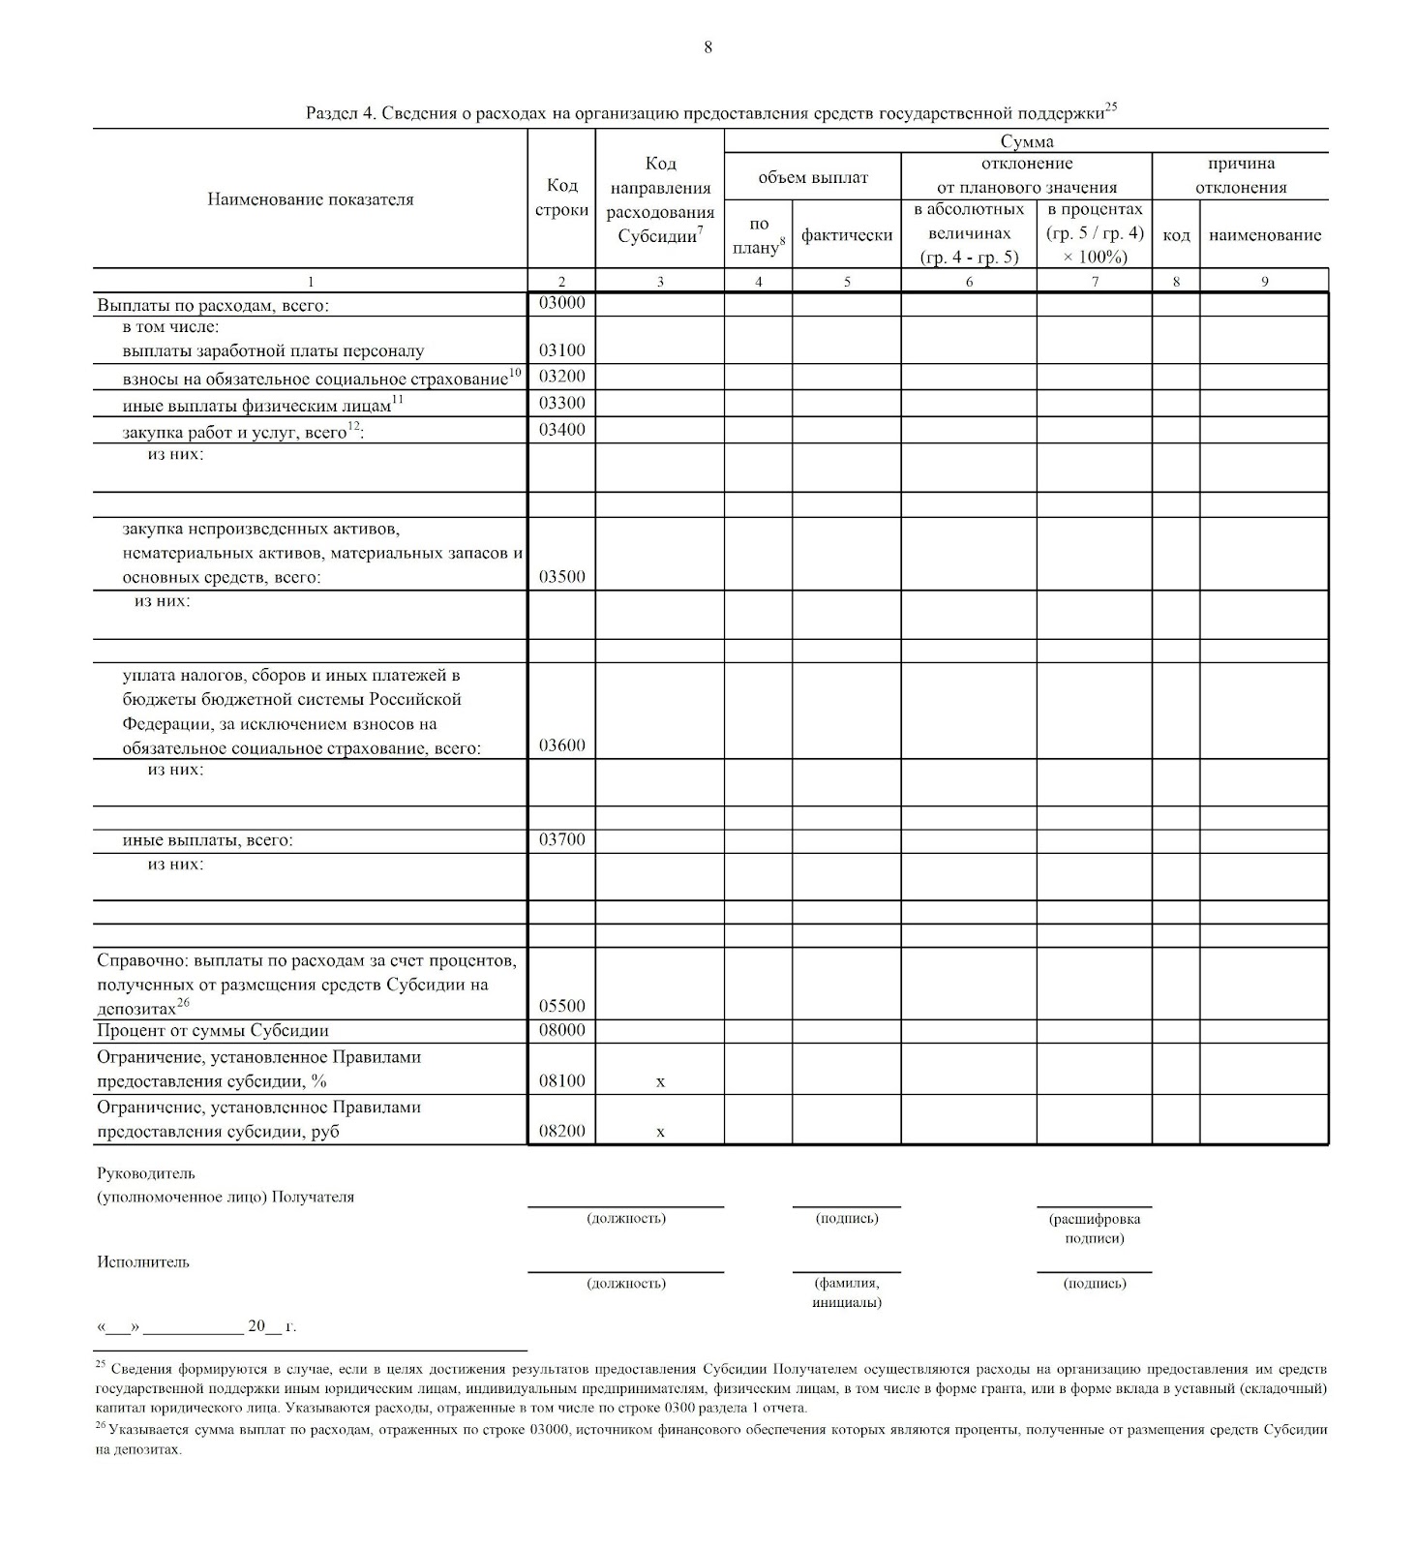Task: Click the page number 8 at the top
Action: (707, 46)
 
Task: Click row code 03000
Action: (561, 303)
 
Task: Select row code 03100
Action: (561, 350)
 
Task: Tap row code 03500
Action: (561, 577)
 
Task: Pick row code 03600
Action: (561, 745)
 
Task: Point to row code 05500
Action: (561, 1007)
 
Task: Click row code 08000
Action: (561, 1030)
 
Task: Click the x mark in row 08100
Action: (660, 1081)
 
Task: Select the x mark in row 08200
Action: (660, 1132)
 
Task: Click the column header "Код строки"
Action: (561, 198)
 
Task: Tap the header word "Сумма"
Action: (1026, 141)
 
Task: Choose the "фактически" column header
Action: (847, 234)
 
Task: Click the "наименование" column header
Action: (1264, 234)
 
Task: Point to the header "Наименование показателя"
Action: (310, 199)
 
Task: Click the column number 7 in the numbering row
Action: (1095, 282)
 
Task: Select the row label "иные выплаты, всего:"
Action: (207, 840)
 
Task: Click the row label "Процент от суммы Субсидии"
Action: (213, 1031)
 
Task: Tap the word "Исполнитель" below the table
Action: (143, 1262)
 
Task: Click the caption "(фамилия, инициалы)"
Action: (847, 1292)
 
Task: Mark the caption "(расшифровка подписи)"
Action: (1095, 1229)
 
